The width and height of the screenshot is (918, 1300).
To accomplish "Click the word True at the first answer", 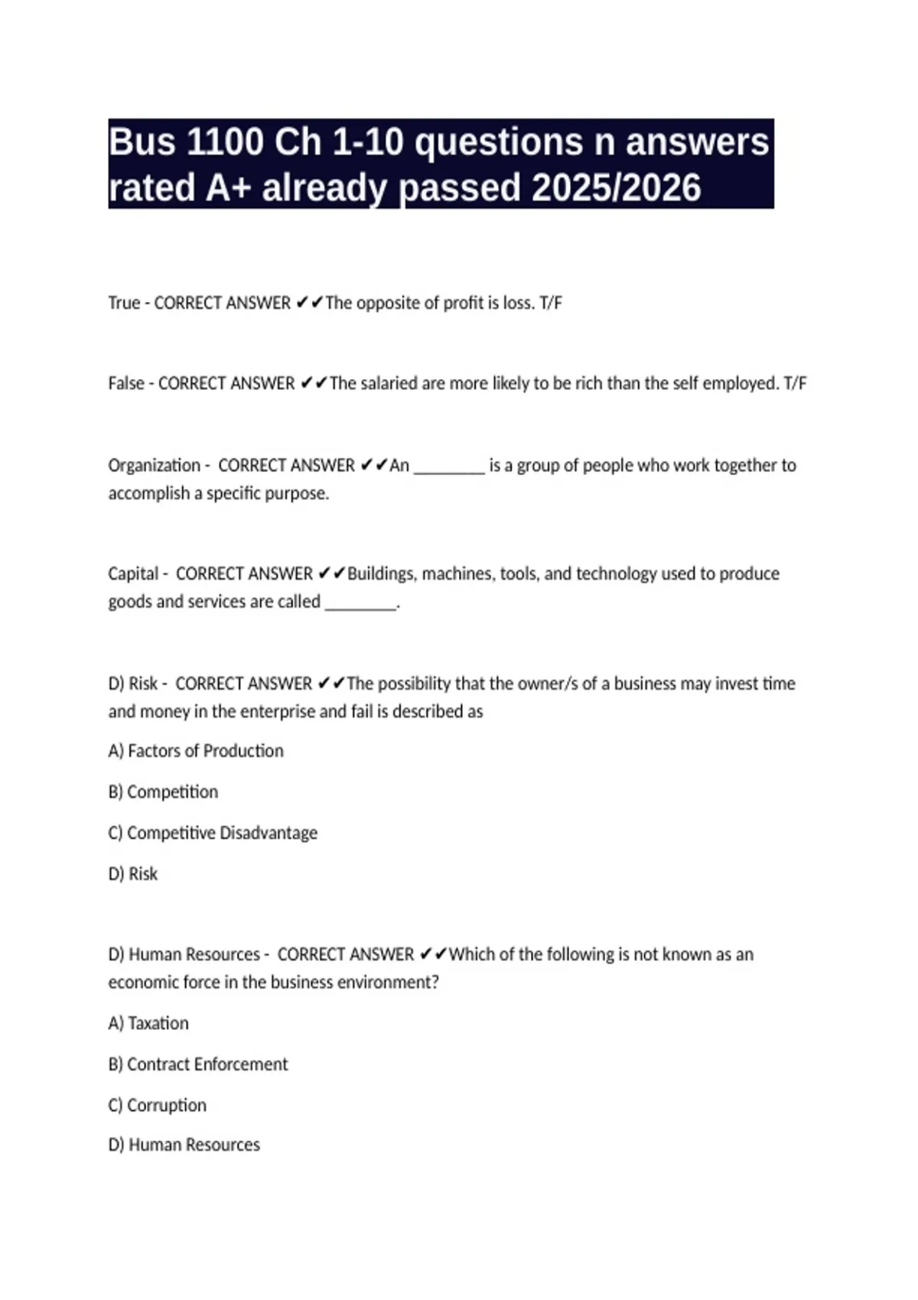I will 124,303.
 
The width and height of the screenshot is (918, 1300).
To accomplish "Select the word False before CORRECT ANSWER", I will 126,383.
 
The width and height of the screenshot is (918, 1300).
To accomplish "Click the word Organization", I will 154,465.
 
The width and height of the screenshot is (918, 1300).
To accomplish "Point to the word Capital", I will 133,574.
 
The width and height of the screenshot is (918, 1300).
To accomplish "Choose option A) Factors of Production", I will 196,751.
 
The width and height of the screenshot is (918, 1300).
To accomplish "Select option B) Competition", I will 163,791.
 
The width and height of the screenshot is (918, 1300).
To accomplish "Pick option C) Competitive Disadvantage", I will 213,833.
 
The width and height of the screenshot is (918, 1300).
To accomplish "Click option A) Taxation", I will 148,1023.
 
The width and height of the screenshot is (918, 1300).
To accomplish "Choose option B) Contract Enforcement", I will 198,1064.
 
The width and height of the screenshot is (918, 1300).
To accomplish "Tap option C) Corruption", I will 158,1105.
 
